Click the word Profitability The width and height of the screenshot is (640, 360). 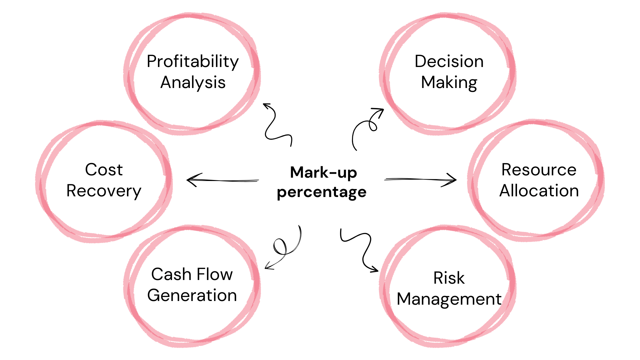[193, 62]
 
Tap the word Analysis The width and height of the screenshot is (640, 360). [193, 83]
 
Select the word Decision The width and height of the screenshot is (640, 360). [449, 62]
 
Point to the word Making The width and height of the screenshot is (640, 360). [449, 83]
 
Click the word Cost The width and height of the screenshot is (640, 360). [104, 170]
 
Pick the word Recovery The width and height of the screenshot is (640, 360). [104, 191]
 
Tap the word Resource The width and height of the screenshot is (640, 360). [539, 170]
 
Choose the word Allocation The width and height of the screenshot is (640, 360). [539, 191]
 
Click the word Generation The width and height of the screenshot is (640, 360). [192, 296]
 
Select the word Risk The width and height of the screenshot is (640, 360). [449, 278]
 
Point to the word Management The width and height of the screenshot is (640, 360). [449, 299]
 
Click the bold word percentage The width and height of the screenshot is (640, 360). [322, 192]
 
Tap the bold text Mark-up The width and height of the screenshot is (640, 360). [323, 173]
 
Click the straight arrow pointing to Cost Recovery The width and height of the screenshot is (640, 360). [222, 180]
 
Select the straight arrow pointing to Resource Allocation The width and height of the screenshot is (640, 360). [420, 180]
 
